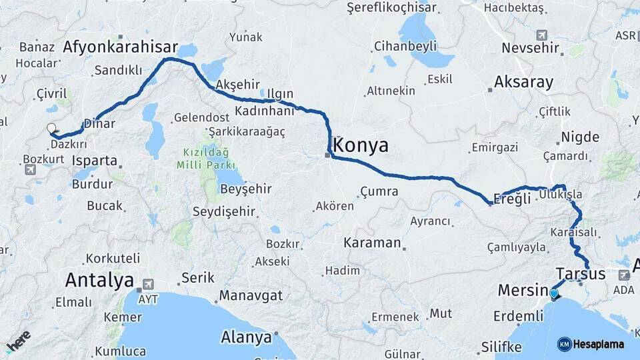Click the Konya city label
361,146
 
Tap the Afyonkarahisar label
121,47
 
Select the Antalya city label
99,281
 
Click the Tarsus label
580,274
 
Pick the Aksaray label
524,83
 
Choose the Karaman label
372,243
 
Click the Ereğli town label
512,199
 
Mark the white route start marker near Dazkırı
51,129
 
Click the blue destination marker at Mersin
554,293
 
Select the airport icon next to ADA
624,275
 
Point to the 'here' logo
18,340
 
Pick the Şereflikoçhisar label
391,8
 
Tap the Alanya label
246,337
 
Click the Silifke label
501,347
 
